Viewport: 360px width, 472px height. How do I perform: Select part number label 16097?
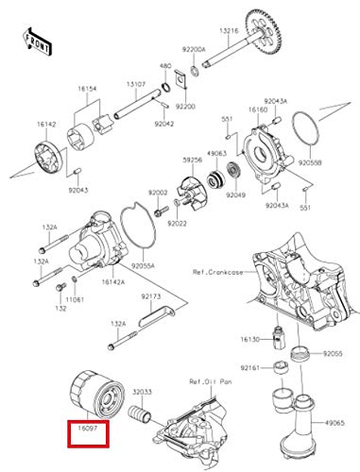(88, 429)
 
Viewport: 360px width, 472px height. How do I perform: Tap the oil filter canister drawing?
(96, 395)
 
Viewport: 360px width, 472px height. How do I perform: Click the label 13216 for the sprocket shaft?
(229, 31)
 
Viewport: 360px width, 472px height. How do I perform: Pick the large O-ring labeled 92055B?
(305, 128)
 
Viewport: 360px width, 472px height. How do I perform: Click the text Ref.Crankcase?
(217, 272)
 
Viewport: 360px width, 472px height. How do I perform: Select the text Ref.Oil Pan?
(211, 381)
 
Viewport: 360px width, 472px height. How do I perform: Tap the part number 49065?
(334, 423)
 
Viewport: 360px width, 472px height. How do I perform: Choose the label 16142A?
(113, 282)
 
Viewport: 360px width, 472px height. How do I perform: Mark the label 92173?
(150, 296)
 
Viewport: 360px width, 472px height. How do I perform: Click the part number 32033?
(142, 392)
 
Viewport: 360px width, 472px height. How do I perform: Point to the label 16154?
(87, 89)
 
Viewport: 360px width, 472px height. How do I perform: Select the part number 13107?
(136, 84)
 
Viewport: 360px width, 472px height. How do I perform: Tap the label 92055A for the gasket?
(143, 266)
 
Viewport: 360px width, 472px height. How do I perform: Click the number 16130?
(249, 339)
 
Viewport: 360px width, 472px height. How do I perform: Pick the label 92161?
(249, 367)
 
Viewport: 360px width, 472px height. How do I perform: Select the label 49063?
(216, 154)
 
